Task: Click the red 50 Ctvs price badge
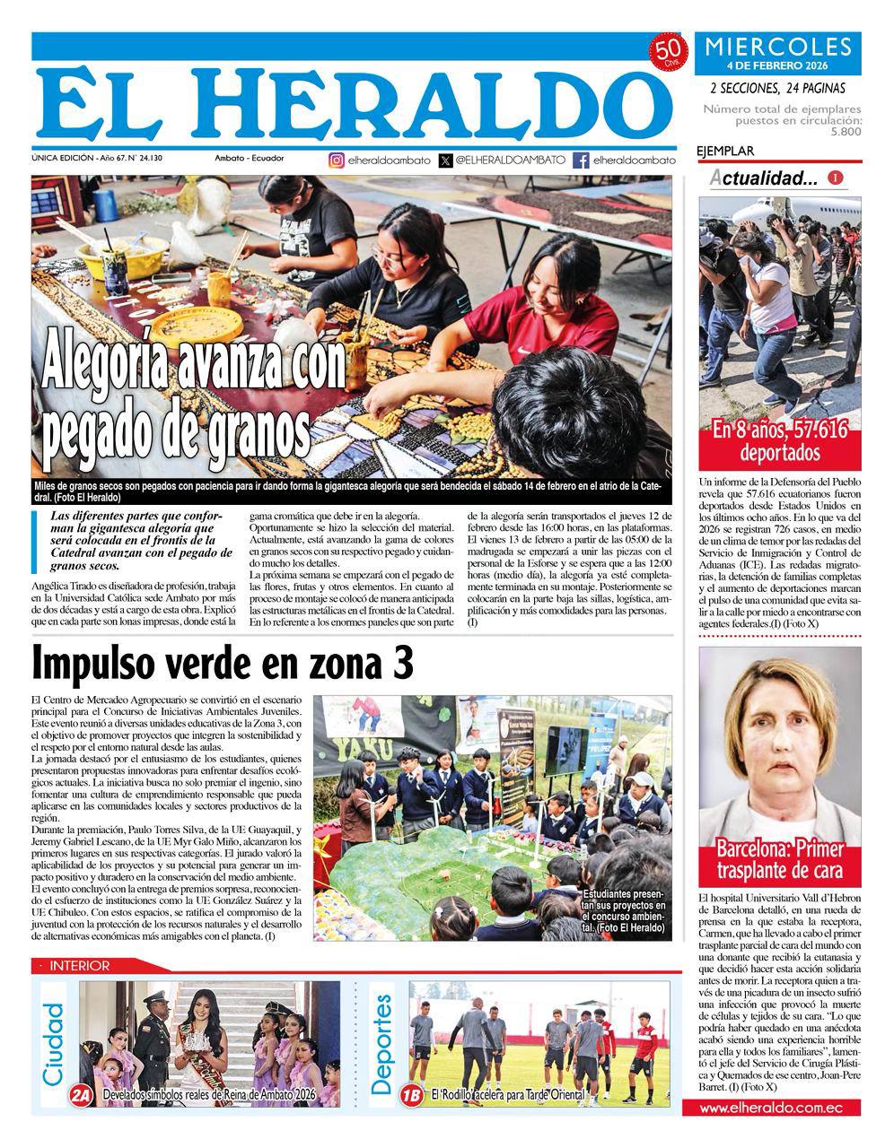tap(667, 53)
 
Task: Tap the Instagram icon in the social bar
tap(337, 161)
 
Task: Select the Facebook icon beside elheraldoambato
tap(581, 161)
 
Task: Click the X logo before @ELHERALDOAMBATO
tap(446, 161)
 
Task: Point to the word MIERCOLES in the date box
tap(777, 47)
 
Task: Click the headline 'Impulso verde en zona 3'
tap(223, 665)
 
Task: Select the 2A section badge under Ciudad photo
tap(82, 1095)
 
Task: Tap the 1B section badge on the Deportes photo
tap(412, 1095)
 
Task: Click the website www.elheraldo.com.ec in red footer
tap(771, 1109)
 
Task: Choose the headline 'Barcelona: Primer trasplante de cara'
tap(779, 859)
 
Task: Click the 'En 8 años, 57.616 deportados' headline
tap(779, 439)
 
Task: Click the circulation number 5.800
tap(846, 131)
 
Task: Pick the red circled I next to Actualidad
tap(836, 178)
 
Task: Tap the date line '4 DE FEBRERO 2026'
tap(777, 65)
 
